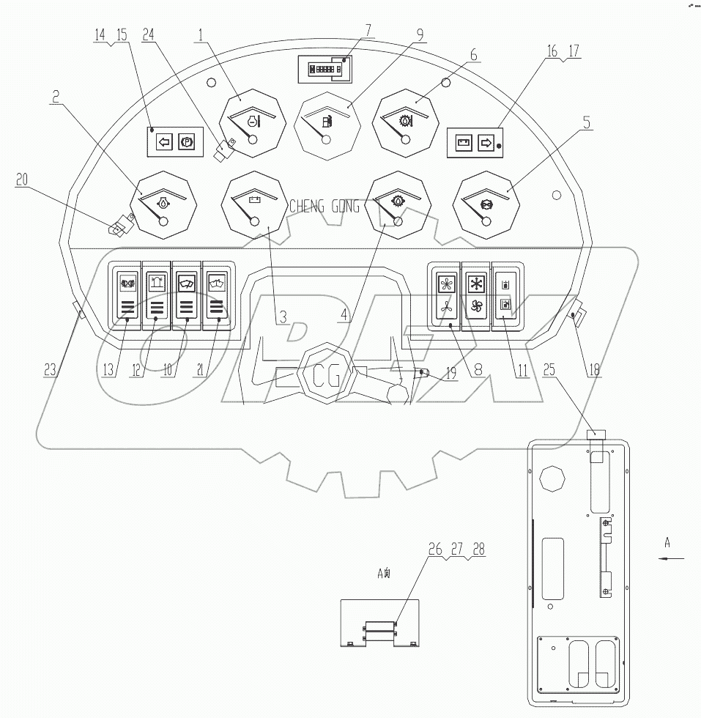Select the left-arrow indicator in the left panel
pyautogui.click(x=164, y=142)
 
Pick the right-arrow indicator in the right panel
pyautogui.click(x=484, y=143)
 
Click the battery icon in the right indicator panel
pyautogui.click(x=463, y=143)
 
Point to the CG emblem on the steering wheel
pyautogui.click(x=325, y=378)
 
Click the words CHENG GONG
pyautogui.click(x=324, y=207)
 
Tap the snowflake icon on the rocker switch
pyautogui.click(x=475, y=284)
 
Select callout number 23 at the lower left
pyautogui.click(x=50, y=371)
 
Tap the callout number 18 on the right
pyautogui.click(x=593, y=371)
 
